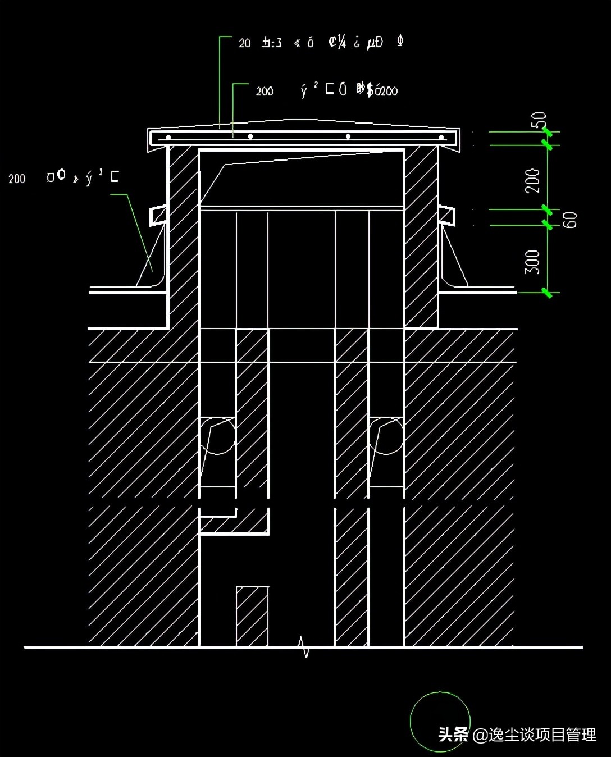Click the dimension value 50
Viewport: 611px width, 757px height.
coord(539,120)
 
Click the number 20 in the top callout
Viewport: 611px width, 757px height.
coord(244,43)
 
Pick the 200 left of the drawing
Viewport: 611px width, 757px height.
coord(17,179)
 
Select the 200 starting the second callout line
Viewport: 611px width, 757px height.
coord(264,91)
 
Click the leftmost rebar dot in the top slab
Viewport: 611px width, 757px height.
coord(168,137)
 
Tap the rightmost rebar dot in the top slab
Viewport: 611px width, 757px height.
coord(441,137)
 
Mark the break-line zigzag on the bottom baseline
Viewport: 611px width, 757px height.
coord(304,647)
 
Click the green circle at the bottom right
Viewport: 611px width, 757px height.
coord(439,720)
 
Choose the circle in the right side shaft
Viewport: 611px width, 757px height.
coord(386,435)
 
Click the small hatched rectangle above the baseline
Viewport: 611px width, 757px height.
coord(252,616)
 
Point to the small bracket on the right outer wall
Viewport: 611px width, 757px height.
coord(447,216)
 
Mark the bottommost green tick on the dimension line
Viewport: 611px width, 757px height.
coord(547,292)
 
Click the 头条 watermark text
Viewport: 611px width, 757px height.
coord(453,735)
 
